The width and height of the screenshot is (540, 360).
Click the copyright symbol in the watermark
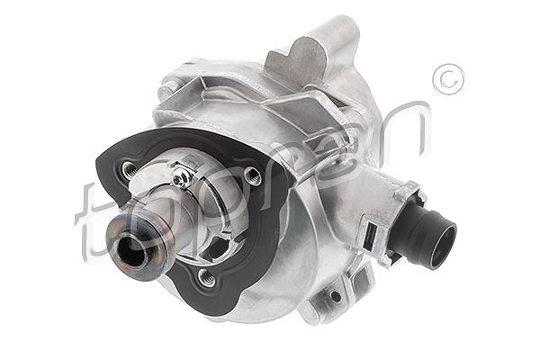point(448,79)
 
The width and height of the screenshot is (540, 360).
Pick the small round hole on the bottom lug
point(335,296)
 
